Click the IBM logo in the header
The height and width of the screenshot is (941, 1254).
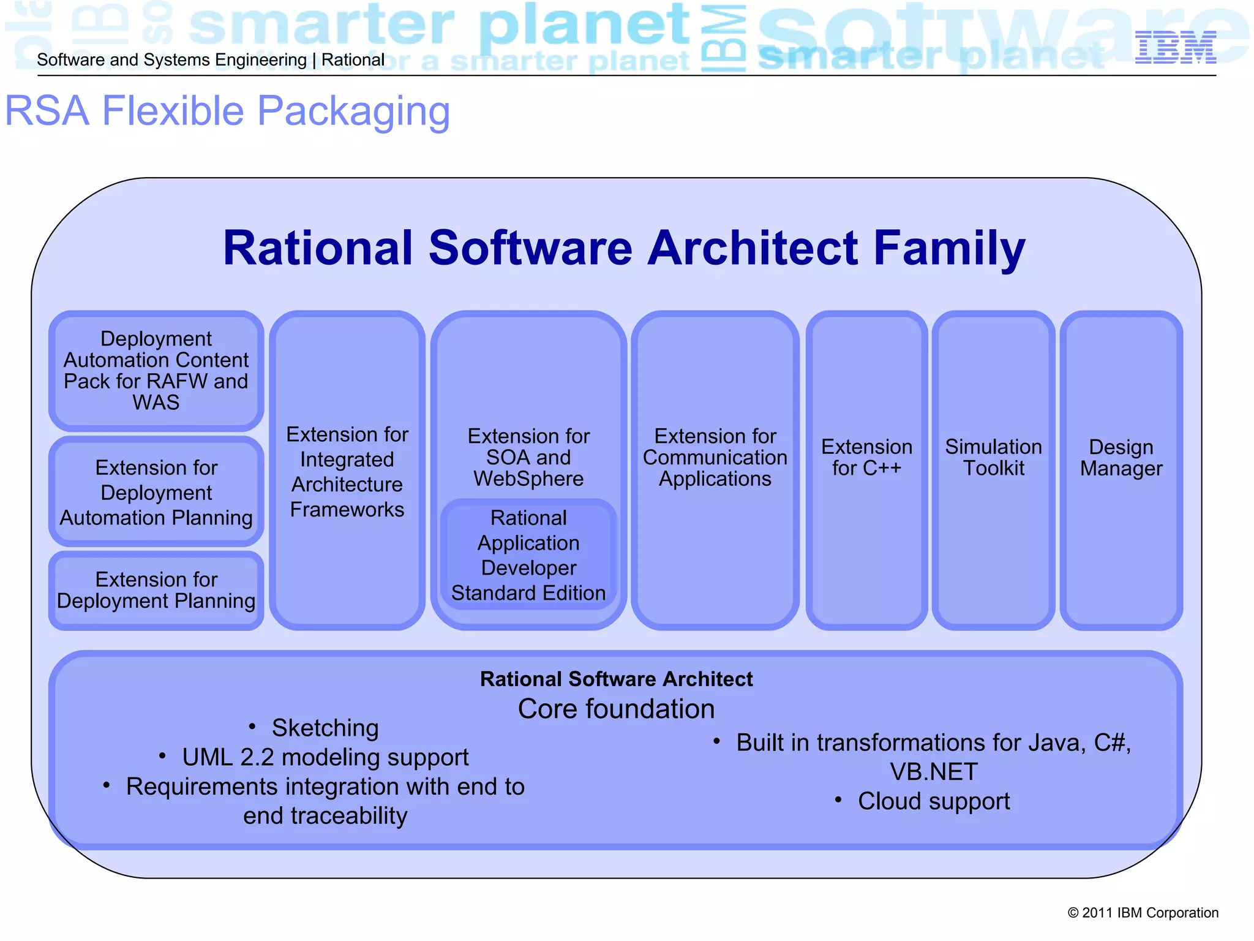(1175, 48)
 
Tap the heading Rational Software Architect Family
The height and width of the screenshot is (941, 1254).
(624, 248)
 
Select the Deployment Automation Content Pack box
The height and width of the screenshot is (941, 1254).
(156, 371)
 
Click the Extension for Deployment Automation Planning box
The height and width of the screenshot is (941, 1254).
(156, 492)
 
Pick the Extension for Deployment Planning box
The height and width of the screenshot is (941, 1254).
(156, 590)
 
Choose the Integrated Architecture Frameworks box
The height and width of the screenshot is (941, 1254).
(347, 471)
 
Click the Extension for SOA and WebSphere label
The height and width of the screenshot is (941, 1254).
(528, 457)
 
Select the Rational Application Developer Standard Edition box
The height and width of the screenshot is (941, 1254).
(528, 555)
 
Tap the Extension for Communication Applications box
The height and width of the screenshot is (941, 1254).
(715, 458)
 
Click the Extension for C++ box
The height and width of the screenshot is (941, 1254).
(866, 458)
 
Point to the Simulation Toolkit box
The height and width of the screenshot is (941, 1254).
(993, 458)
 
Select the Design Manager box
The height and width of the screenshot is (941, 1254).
(1121, 458)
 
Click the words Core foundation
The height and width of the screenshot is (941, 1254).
(616, 709)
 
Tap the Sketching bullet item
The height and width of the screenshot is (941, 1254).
(325, 728)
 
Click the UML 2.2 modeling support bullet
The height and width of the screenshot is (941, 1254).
(325, 757)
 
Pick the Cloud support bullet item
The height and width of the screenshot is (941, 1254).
(933, 801)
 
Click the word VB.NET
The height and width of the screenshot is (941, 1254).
(933, 772)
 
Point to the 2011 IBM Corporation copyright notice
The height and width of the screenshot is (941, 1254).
(1143, 913)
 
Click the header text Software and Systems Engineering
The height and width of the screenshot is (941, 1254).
(171, 60)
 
